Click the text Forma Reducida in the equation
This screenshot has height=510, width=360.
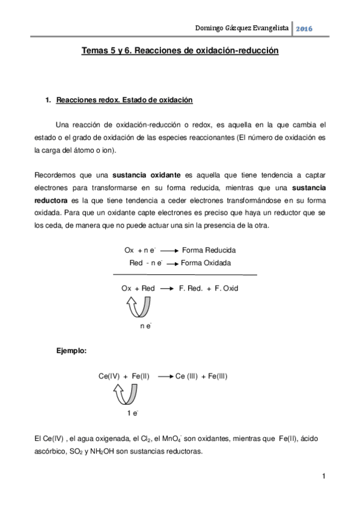tap(209, 250)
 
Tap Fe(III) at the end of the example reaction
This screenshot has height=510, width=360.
tap(214, 376)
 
